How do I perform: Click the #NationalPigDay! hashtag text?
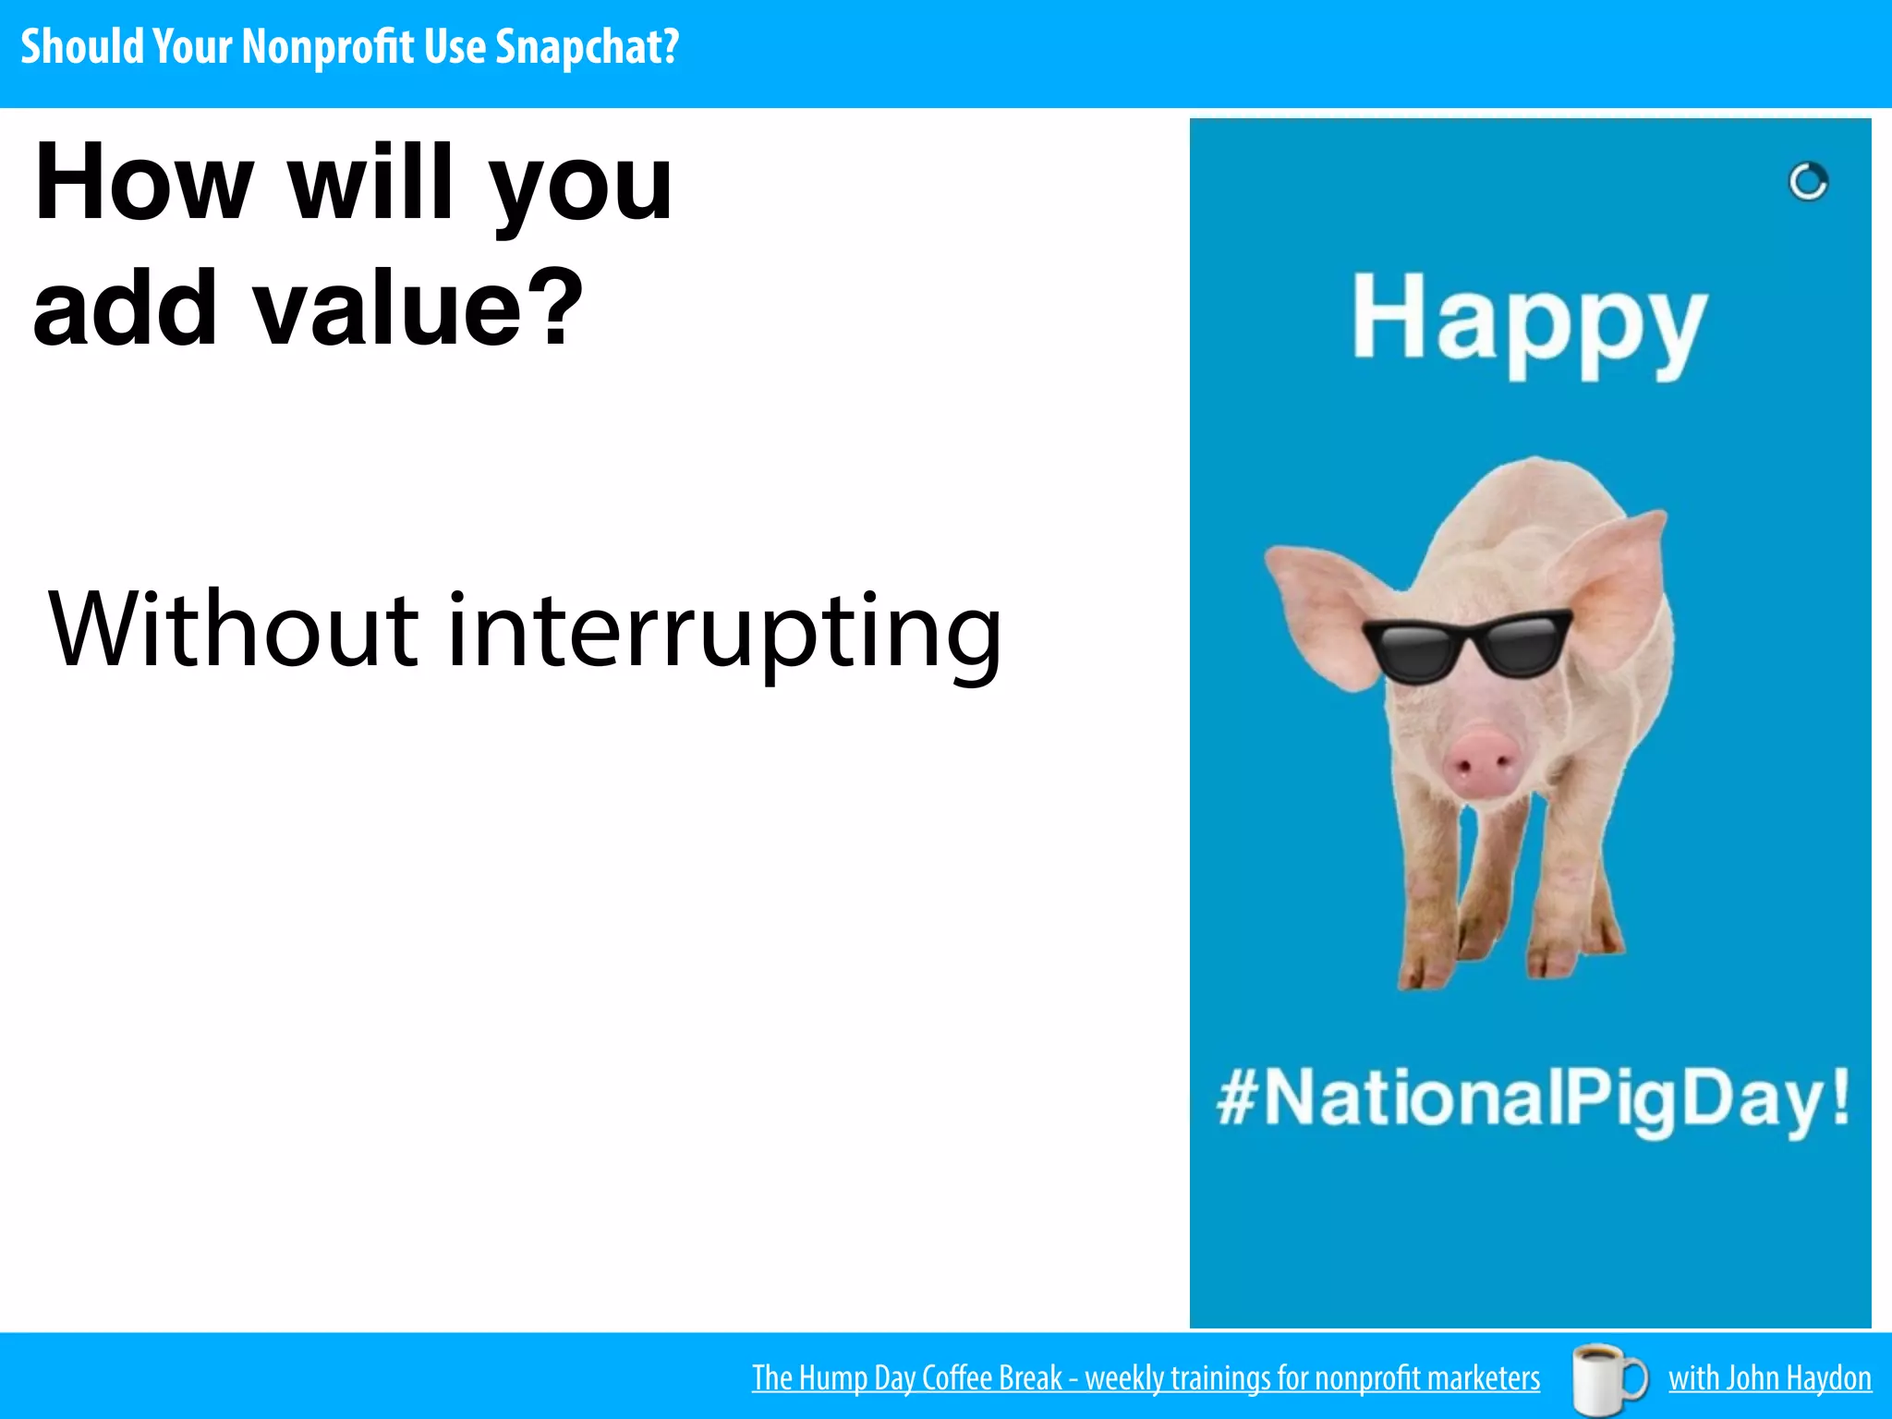pyautogui.click(x=1534, y=1099)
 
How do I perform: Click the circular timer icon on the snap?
pyautogui.click(x=1808, y=181)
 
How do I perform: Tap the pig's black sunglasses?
pyautogui.click(x=1466, y=645)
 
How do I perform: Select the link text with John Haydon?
pyautogui.click(x=1769, y=1378)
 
